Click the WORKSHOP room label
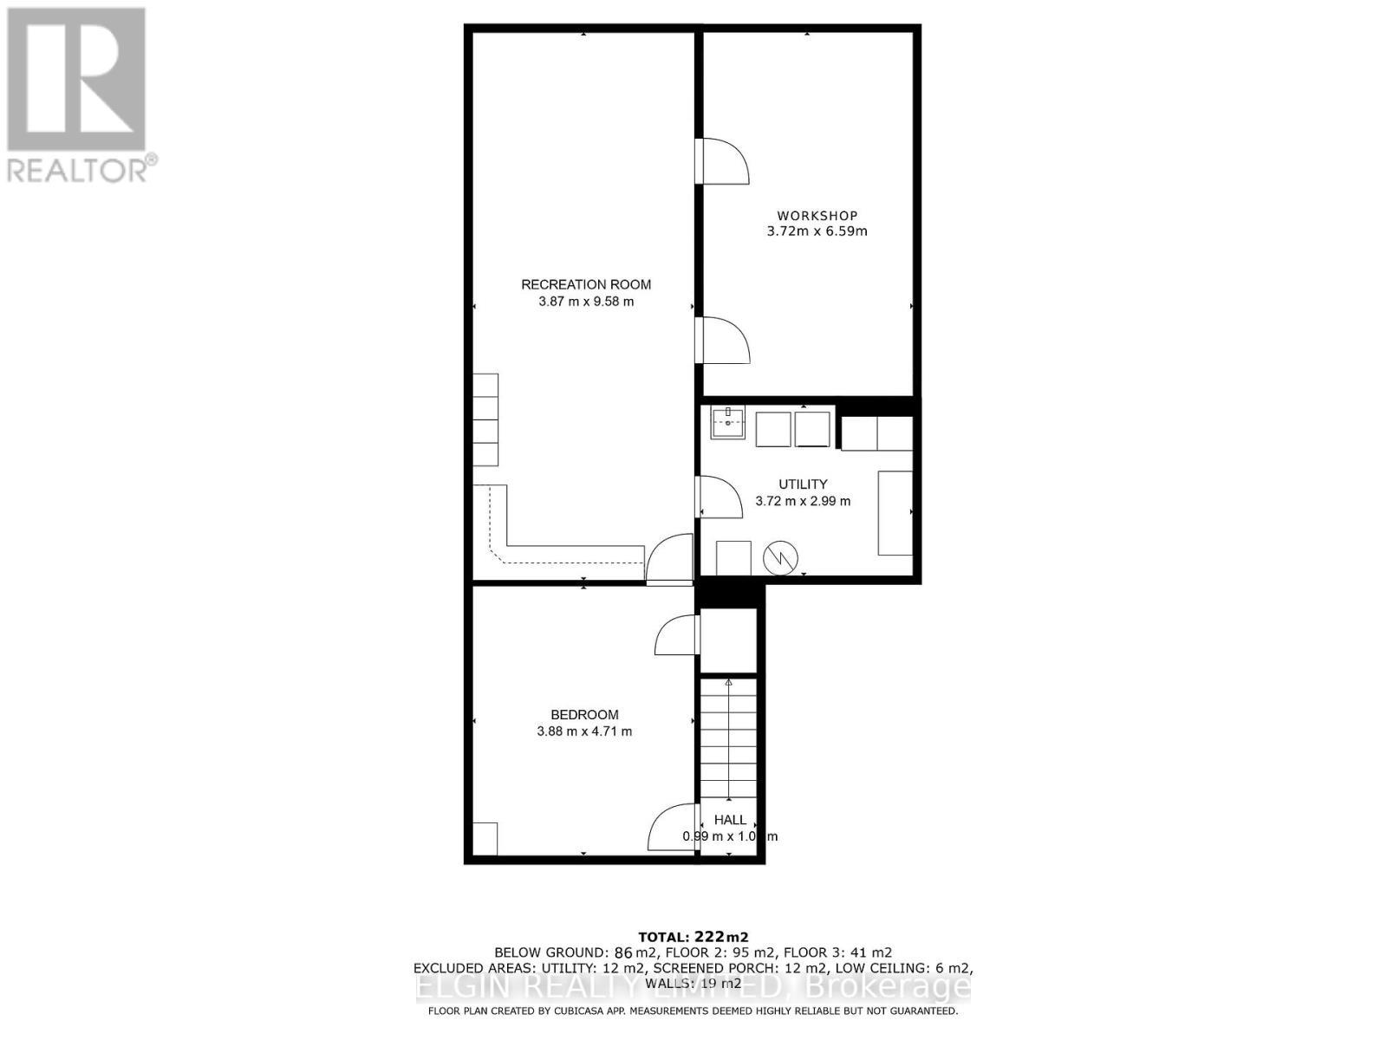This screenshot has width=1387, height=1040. (817, 216)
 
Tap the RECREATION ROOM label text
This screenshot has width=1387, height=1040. (586, 284)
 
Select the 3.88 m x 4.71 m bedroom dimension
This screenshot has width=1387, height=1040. (584, 731)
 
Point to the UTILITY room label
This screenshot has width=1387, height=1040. (803, 484)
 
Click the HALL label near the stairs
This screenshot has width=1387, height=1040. (730, 820)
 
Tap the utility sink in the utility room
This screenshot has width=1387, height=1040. (728, 424)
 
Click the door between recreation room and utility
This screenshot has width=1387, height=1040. (718, 497)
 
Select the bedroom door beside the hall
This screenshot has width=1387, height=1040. (673, 828)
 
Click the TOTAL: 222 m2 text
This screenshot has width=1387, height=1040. (693, 937)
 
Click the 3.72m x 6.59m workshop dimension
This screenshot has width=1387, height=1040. (817, 231)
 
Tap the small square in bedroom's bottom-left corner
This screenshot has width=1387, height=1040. (485, 838)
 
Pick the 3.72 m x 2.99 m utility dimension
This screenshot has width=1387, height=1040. (803, 501)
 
